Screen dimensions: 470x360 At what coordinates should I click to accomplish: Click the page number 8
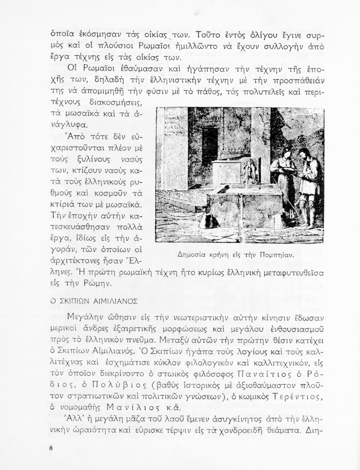click(51, 447)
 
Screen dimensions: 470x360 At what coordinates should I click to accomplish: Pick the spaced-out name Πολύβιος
click(109, 384)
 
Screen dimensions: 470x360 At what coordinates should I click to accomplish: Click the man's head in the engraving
click(303, 153)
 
